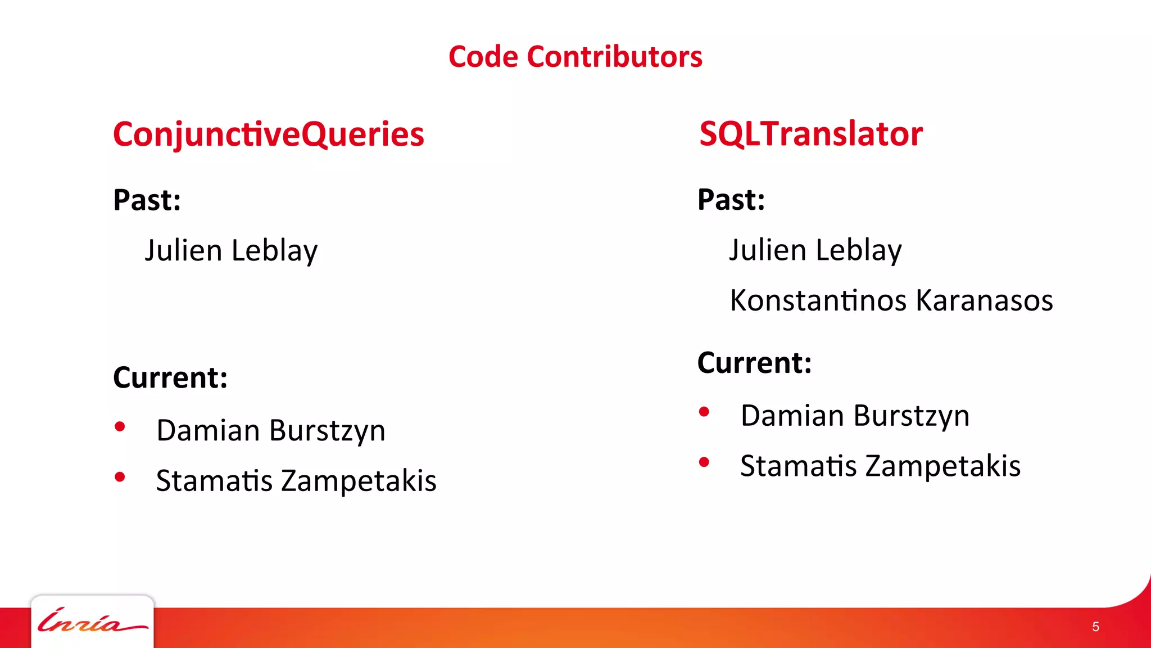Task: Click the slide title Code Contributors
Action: [575, 57]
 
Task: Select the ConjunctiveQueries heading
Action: [268, 134]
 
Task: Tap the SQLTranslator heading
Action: [810, 134]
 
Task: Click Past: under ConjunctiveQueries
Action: [147, 200]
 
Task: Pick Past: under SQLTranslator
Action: [731, 200]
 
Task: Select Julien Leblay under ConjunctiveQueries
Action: [231, 250]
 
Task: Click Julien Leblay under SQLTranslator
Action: [815, 250]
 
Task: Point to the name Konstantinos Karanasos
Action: [891, 300]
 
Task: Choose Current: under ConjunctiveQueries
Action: [170, 377]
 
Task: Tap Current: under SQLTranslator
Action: [754, 363]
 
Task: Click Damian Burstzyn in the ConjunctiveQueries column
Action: [271, 431]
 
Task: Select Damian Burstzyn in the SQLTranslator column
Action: [855, 416]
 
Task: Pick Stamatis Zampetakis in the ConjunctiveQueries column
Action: [296, 481]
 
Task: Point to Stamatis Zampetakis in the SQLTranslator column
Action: [880, 466]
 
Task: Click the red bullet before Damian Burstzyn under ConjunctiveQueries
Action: [120, 427]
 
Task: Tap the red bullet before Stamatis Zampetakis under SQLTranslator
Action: [704, 462]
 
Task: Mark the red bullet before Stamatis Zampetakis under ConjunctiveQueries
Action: [120, 477]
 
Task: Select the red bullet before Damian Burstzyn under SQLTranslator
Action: [704, 412]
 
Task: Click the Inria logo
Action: [92, 622]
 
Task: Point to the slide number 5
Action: [1095, 627]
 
